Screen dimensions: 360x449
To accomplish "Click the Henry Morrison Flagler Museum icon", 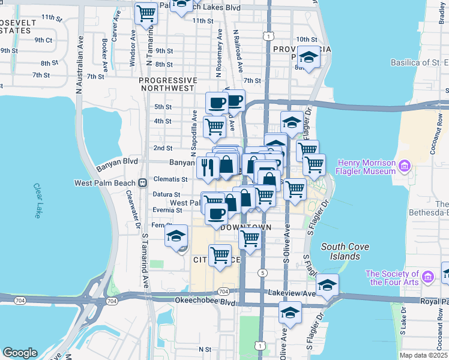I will click(405, 166).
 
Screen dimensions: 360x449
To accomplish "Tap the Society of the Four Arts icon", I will click(428, 276).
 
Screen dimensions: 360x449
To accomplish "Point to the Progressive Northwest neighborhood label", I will click(167, 84).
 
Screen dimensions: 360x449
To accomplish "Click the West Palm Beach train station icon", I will click(143, 183).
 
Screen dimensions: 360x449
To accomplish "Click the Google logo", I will click(20, 353).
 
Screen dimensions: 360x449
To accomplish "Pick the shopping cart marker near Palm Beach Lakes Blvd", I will click(146, 13).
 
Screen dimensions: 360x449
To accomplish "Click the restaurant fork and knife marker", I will click(208, 167).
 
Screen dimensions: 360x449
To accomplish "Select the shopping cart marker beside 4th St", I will click(214, 127).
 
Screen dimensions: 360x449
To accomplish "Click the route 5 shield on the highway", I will click(262, 273).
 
